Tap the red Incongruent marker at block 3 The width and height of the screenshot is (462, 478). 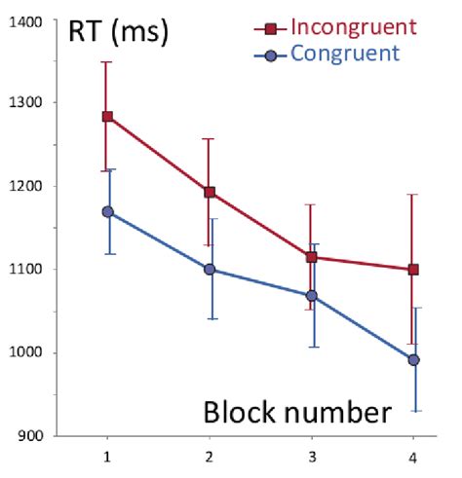[311, 257]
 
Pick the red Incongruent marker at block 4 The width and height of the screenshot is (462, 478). [413, 269]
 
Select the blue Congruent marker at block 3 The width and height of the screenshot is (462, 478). [311, 295]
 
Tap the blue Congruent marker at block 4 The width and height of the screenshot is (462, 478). [413, 359]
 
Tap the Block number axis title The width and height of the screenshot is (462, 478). [297, 412]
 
